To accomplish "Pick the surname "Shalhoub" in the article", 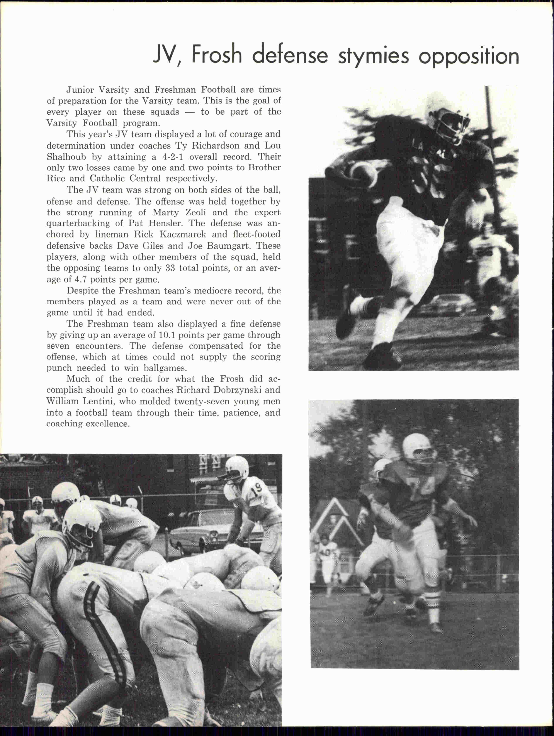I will coord(66,157).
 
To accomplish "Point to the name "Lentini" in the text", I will coord(97,401).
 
